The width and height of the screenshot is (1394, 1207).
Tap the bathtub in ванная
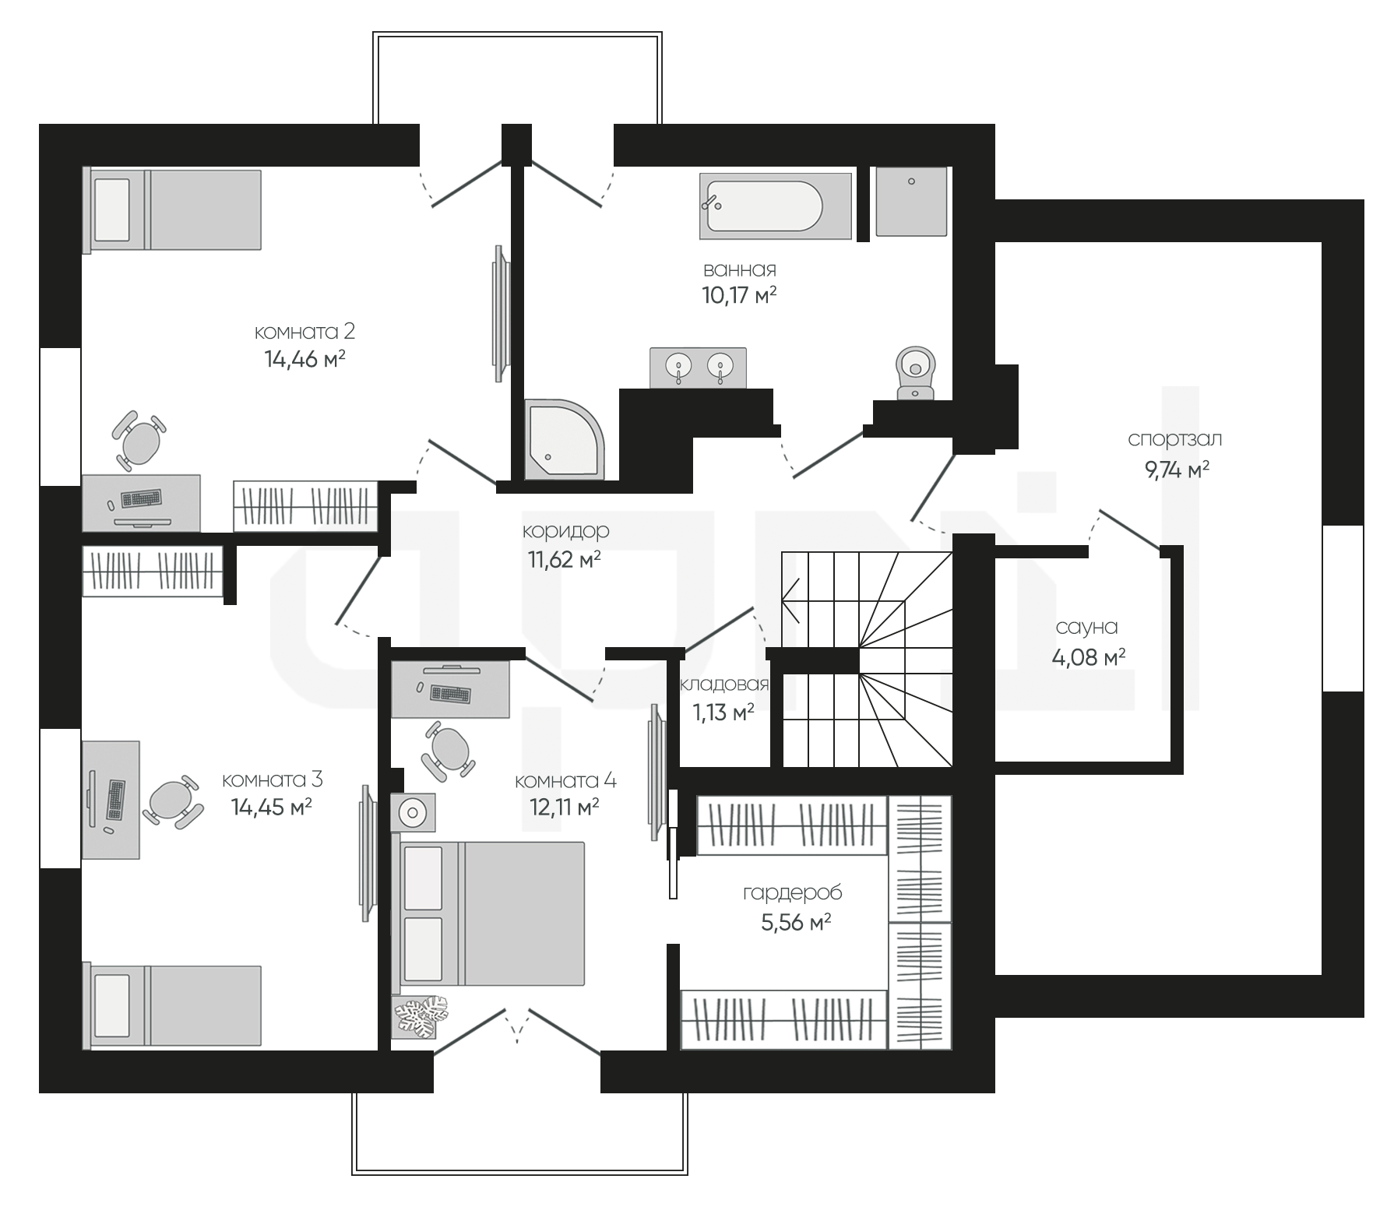[x=776, y=206]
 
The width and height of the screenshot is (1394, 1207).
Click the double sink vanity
[x=699, y=368]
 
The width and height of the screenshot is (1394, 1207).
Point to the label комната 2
[x=304, y=332]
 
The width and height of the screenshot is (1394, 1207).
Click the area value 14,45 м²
[x=272, y=807]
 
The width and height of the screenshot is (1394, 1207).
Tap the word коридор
[x=565, y=532]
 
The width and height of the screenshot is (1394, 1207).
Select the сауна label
[x=1086, y=627]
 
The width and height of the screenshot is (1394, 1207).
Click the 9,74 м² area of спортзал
[x=1177, y=470]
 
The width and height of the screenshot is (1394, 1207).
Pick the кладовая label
[x=724, y=684]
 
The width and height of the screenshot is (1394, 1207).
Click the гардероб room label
[x=792, y=893]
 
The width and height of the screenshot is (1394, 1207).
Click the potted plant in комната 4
[x=421, y=1018]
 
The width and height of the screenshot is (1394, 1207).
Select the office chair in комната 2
[x=139, y=442]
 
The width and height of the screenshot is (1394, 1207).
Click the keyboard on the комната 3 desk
[x=114, y=800]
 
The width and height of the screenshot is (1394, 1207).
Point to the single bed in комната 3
[x=171, y=1006]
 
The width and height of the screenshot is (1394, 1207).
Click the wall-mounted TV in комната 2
[x=499, y=314]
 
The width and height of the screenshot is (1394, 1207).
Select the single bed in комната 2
[x=171, y=209]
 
